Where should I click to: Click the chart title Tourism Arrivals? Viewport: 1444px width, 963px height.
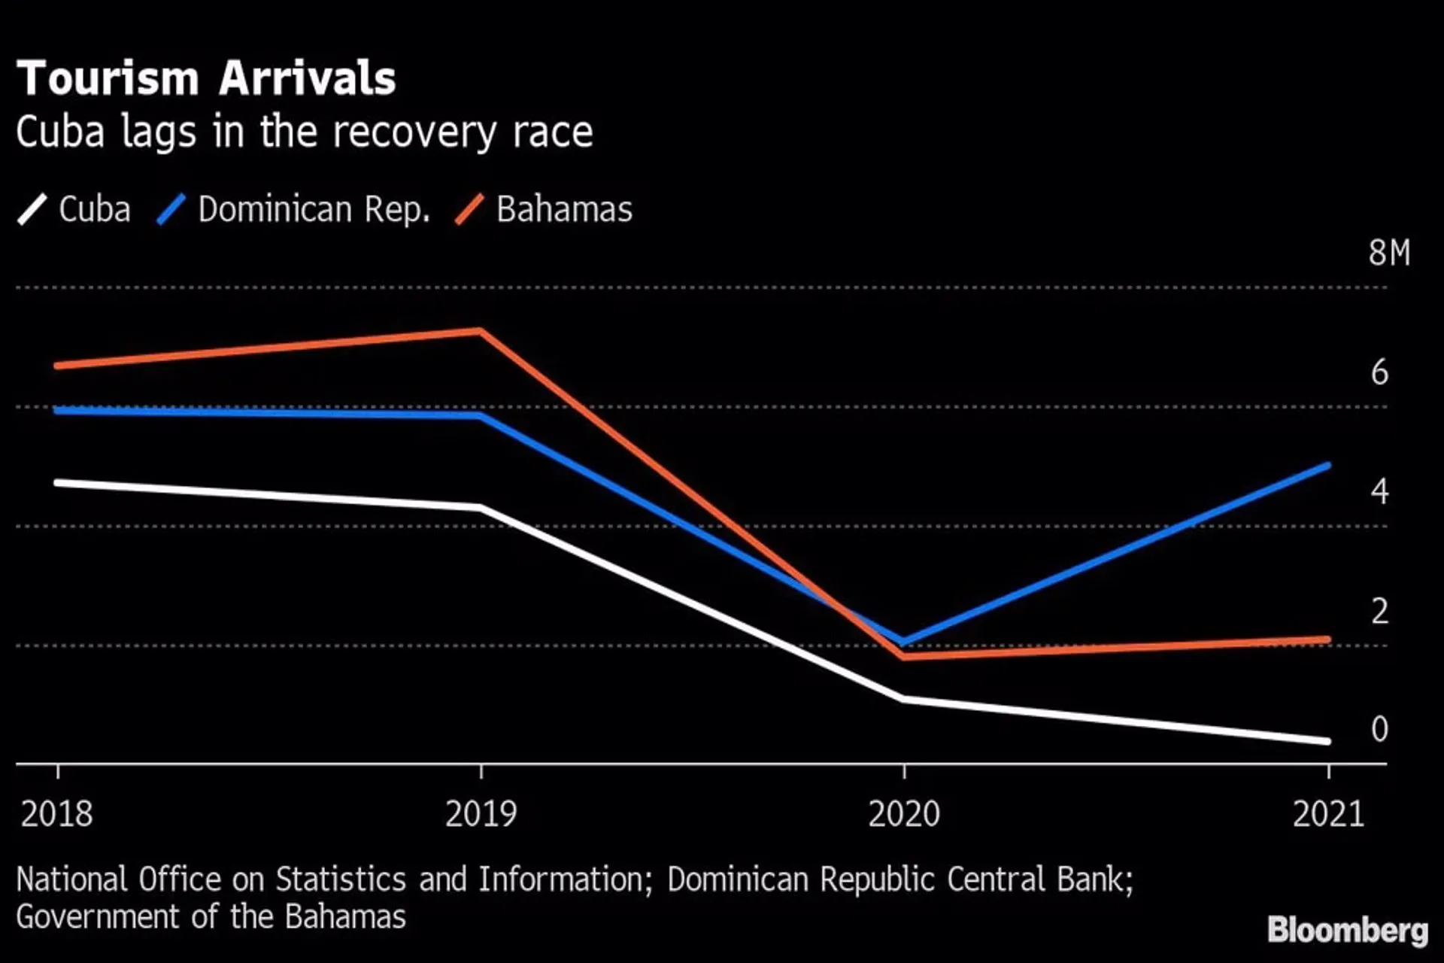(205, 78)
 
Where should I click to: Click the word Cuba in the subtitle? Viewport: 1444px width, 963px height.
(60, 132)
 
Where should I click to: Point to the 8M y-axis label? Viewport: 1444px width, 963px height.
(1388, 253)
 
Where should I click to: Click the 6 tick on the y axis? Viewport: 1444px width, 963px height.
(1379, 372)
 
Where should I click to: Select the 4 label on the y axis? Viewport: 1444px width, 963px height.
(1379, 491)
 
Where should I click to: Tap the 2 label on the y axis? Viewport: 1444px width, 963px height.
(1379, 611)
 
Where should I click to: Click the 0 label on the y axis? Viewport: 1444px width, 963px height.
(1379, 729)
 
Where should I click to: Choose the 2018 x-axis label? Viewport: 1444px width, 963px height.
(57, 814)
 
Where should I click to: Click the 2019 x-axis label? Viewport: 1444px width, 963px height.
(481, 814)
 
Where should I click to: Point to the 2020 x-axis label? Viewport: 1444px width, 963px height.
(904, 814)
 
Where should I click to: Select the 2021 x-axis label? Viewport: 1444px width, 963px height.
(1328, 814)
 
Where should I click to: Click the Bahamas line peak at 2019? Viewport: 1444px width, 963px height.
(481, 331)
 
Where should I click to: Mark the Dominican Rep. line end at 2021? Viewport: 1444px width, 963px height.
(1327, 466)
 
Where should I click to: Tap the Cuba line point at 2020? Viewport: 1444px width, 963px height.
(904, 699)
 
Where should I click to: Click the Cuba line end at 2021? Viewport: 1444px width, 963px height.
(1327, 741)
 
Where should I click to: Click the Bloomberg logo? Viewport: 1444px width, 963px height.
(1347, 930)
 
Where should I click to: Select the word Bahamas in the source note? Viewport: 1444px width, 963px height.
(345, 917)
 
